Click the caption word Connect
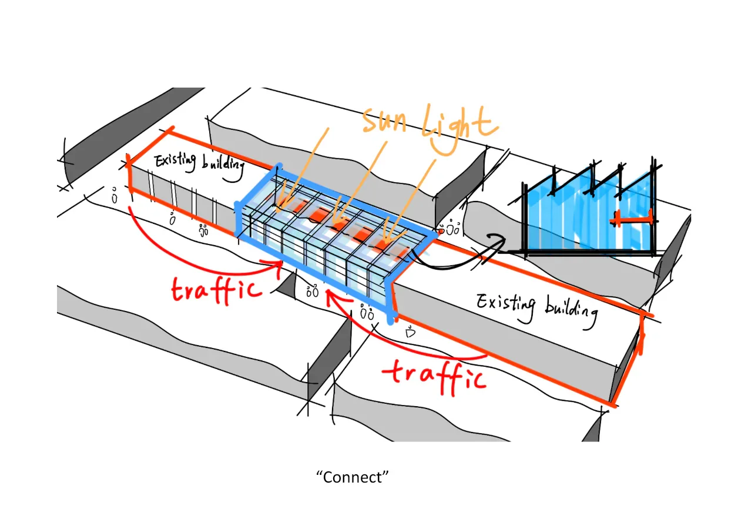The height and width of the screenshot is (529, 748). (x=353, y=477)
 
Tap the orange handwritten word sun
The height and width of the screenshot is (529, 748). (x=384, y=120)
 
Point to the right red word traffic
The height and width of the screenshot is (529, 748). (x=435, y=377)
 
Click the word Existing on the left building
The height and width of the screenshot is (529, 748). (x=175, y=162)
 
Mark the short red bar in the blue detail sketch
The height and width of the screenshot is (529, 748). (x=631, y=219)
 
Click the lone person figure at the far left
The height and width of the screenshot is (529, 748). (x=115, y=196)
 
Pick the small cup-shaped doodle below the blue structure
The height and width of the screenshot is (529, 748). (x=410, y=333)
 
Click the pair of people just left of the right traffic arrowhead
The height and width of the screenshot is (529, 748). (x=313, y=291)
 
